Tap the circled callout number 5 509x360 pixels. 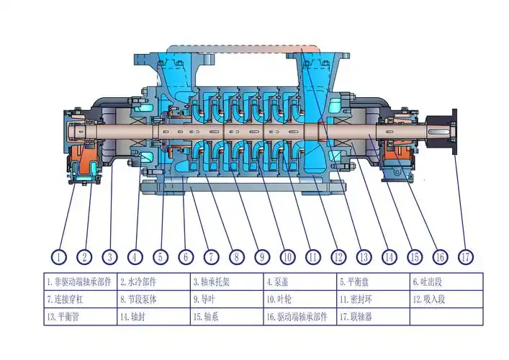[x=161, y=256]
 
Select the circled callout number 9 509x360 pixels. [x=262, y=256]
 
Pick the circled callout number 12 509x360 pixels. [x=338, y=256]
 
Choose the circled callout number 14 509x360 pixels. [x=389, y=256]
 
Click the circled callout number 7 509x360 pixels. [x=211, y=256]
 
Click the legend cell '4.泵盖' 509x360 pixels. [x=299, y=282]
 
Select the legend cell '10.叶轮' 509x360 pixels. [x=299, y=299]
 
